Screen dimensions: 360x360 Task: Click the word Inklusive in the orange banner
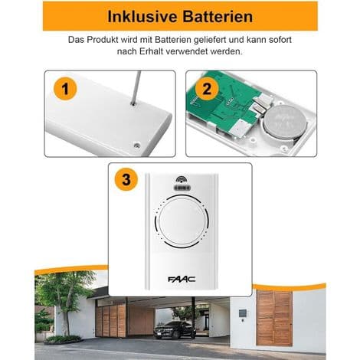pos(142,17)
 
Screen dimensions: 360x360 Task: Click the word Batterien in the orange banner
pos(218,17)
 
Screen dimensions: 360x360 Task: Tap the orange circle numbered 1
pos(65,89)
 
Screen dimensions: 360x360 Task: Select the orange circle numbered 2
pos(207,89)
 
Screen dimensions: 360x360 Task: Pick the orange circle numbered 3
pos(126,179)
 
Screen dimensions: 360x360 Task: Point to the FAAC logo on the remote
pos(182,279)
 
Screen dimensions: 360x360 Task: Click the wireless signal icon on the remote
pos(182,179)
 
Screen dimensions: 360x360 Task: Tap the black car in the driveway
pos(175,330)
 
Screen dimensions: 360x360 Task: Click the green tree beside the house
pos(64,296)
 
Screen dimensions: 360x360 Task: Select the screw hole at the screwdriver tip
pos(133,103)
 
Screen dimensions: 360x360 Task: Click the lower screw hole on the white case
pos(137,146)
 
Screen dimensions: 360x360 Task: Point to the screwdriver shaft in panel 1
pos(136,87)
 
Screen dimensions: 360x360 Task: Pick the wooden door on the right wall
pos(274,318)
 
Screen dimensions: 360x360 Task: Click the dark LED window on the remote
pos(182,188)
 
